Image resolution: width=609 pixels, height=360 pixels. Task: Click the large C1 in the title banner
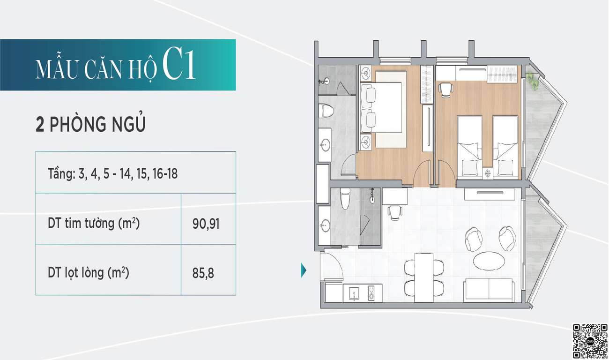(179, 65)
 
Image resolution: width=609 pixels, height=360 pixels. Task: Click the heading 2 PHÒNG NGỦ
(90, 124)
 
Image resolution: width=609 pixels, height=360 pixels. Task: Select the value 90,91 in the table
(206, 224)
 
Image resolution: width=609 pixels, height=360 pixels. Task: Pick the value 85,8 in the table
(203, 273)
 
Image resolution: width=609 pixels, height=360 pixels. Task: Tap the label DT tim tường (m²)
(94, 224)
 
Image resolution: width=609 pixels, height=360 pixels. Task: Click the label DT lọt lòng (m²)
(89, 273)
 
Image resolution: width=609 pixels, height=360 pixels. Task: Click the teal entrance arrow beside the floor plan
(304, 270)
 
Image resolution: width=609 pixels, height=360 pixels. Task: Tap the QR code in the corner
(590, 341)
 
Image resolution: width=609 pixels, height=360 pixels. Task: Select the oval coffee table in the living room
(489, 261)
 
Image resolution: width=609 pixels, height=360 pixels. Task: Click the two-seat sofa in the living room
(489, 290)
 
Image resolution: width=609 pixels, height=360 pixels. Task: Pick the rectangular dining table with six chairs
(424, 278)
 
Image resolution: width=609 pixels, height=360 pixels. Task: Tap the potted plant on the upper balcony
(532, 81)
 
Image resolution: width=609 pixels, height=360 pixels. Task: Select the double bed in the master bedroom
(381, 107)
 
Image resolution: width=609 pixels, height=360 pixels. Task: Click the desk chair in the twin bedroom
(446, 90)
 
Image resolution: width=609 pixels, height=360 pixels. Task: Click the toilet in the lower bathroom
(345, 199)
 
